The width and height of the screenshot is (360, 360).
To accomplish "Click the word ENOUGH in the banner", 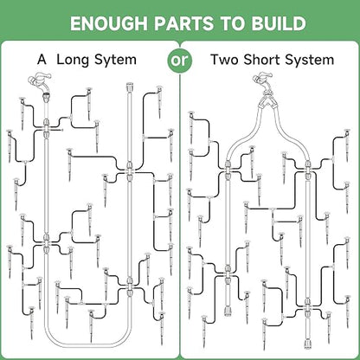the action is pyautogui.click(x=109, y=23).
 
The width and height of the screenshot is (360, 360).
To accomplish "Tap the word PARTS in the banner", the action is pyautogui.click(x=183, y=23).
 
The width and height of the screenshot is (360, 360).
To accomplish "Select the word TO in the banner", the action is pyautogui.click(x=234, y=23).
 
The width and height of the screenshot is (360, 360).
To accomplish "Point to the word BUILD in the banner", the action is pyautogui.click(x=279, y=23).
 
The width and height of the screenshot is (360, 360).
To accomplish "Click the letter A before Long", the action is pyautogui.click(x=42, y=60).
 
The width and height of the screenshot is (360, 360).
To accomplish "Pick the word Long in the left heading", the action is pyautogui.click(x=74, y=61).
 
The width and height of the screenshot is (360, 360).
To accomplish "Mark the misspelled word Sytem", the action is pyautogui.click(x=115, y=61).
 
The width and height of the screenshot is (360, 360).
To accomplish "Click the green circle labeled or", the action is pyautogui.click(x=180, y=61).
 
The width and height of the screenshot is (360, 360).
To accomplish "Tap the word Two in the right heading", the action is pyautogui.click(x=224, y=60).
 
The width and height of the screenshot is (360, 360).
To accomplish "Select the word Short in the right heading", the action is pyautogui.click(x=261, y=60).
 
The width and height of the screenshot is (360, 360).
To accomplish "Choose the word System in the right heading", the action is pyautogui.click(x=310, y=61).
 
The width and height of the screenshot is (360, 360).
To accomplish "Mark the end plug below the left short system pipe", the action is pyautogui.click(x=228, y=312).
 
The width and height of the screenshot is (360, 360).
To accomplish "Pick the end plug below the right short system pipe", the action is pyautogui.click(x=307, y=344).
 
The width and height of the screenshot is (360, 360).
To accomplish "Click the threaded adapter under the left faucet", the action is pyautogui.click(x=46, y=98).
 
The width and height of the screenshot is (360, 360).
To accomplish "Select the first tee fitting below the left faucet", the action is pyautogui.click(x=46, y=124).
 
